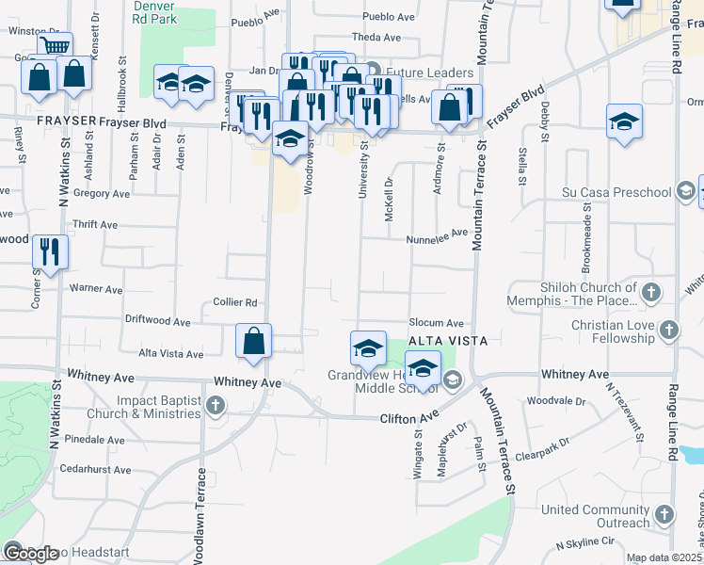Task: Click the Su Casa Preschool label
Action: (x=616, y=193)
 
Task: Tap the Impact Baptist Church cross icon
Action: (x=216, y=406)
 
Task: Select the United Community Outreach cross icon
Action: (x=664, y=515)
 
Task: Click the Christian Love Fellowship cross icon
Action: (x=668, y=331)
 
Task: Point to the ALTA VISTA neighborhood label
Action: (x=448, y=341)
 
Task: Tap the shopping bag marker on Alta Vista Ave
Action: (x=254, y=341)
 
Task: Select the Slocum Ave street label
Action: (x=436, y=323)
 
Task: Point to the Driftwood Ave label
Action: (x=157, y=321)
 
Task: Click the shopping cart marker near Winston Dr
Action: (x=56, y=45)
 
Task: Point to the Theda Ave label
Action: (x=376, y=38)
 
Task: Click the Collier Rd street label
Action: (x=235, y=302)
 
